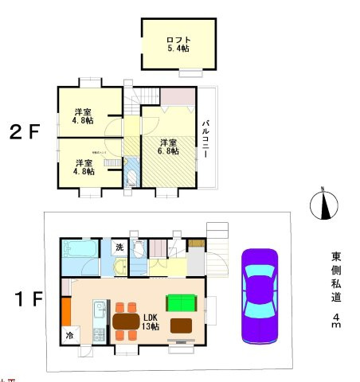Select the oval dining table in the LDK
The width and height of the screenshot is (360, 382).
click(127, 322)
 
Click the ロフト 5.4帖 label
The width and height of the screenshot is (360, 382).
click(178, 44)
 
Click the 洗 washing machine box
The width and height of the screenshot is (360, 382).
click(117, 247)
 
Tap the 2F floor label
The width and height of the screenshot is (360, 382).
click(24, 132)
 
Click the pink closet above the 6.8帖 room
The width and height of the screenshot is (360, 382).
click(178, 96)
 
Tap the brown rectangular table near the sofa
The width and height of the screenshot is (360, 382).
click(181, 325)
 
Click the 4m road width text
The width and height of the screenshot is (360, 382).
click(337, 322)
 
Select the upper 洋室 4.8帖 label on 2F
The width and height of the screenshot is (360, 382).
click(84, 115)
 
